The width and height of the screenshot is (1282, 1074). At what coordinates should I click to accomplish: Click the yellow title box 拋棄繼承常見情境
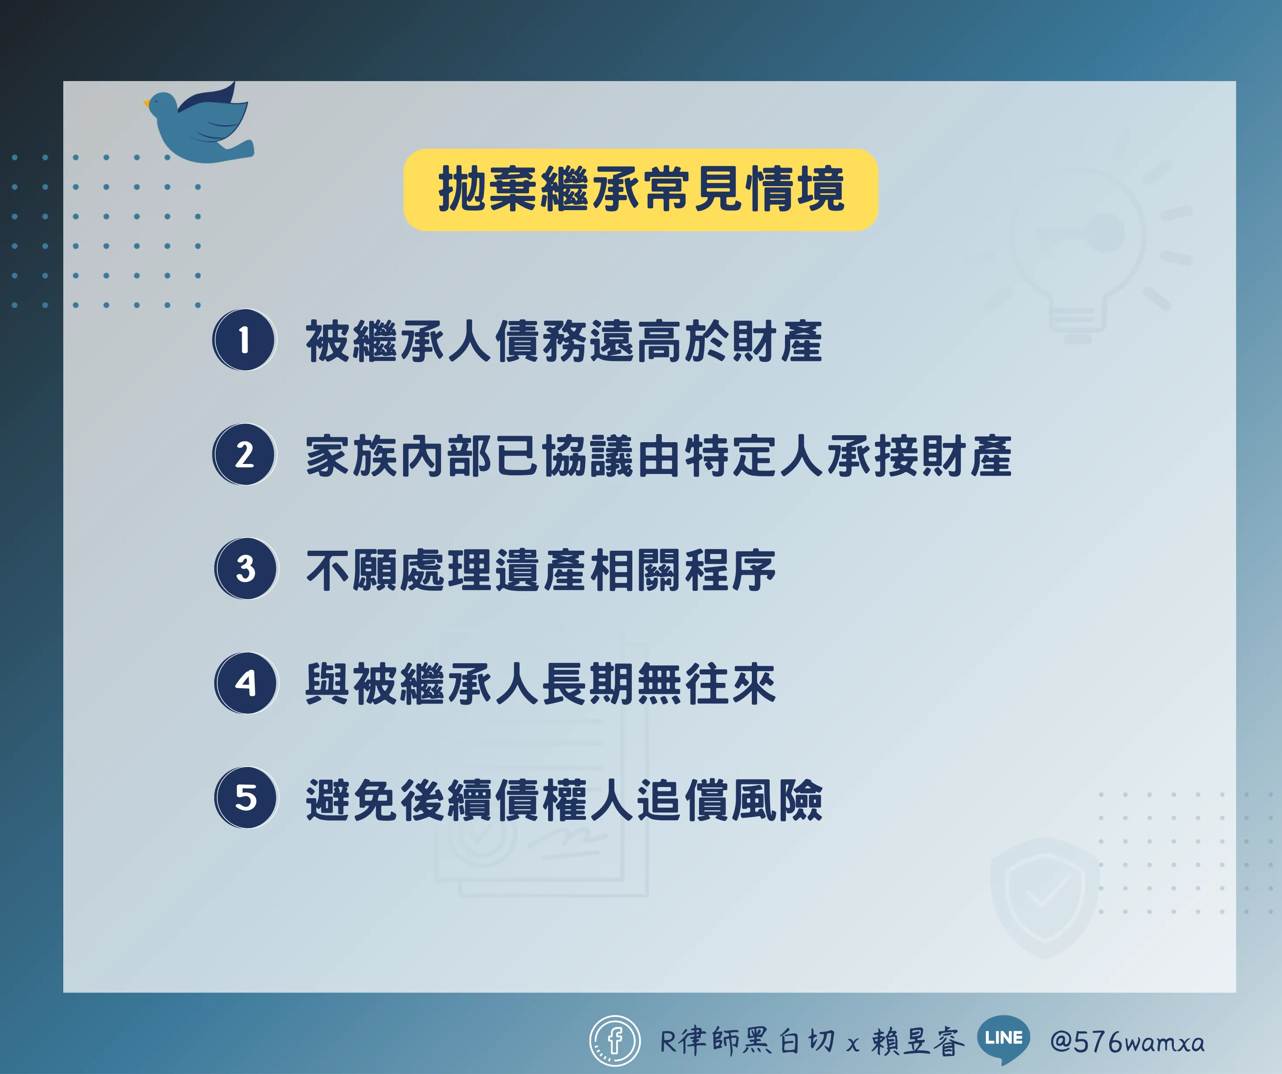click(x=641, y=190)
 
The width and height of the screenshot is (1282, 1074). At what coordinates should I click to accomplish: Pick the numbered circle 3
click(x=246, y=569)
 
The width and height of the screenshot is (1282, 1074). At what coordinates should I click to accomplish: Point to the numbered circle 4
click(x=246, y=683)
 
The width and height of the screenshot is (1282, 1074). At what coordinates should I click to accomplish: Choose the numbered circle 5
click(x=246, y=798)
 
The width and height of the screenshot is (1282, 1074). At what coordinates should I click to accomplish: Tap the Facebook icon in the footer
click(x=615, y=1041)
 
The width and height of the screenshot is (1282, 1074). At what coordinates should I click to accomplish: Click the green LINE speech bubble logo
click(x=1004, y=1039)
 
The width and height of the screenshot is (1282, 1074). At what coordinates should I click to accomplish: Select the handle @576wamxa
click(x=1128, y=1042)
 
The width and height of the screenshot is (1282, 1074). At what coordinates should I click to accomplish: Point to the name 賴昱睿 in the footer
click(x=918, y=1041)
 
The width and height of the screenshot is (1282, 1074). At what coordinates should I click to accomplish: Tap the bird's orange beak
click(x=147, y=104)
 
